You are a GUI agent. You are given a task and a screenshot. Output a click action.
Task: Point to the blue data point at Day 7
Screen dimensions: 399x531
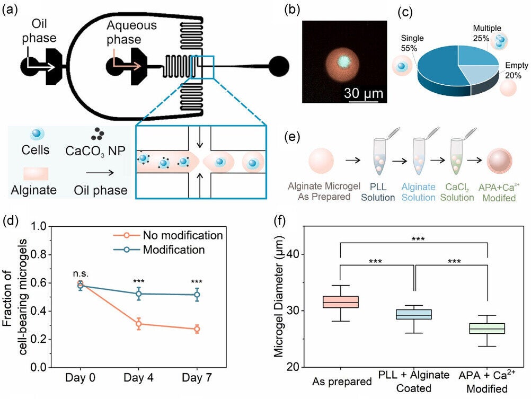(197, 295)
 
